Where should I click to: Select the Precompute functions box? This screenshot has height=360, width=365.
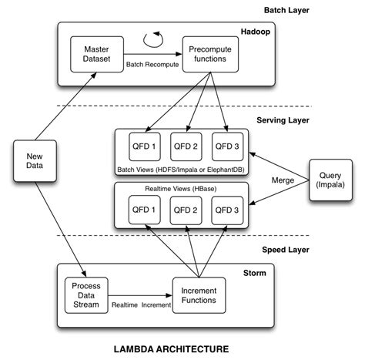208,54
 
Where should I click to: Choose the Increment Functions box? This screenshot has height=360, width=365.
198,293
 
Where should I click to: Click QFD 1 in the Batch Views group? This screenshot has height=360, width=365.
145,146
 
